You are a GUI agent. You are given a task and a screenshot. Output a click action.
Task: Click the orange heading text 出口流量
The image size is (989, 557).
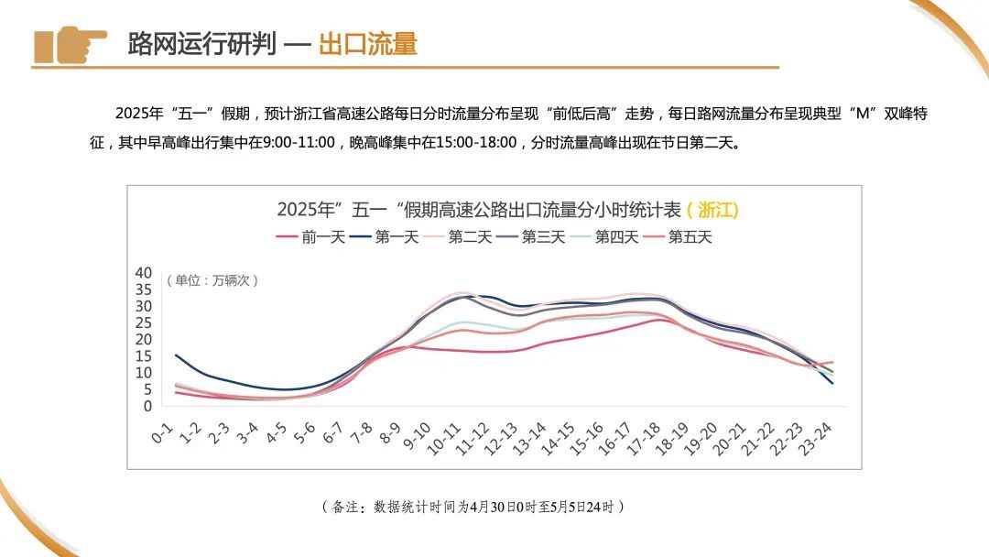[x=367, y=44]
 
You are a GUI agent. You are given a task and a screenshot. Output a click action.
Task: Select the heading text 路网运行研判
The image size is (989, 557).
[x=201, y=44]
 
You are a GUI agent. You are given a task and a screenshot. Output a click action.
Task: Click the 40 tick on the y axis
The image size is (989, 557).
[x=143, y=273]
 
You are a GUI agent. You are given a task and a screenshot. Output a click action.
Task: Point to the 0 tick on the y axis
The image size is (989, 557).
[x=147, y=406]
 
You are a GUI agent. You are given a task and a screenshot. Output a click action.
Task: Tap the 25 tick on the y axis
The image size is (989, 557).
[x=143, y=322]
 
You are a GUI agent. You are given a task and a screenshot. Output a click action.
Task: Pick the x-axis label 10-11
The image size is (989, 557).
[x=445, y=438]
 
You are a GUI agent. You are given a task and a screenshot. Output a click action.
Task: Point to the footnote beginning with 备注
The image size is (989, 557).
[x=473, y=507]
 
